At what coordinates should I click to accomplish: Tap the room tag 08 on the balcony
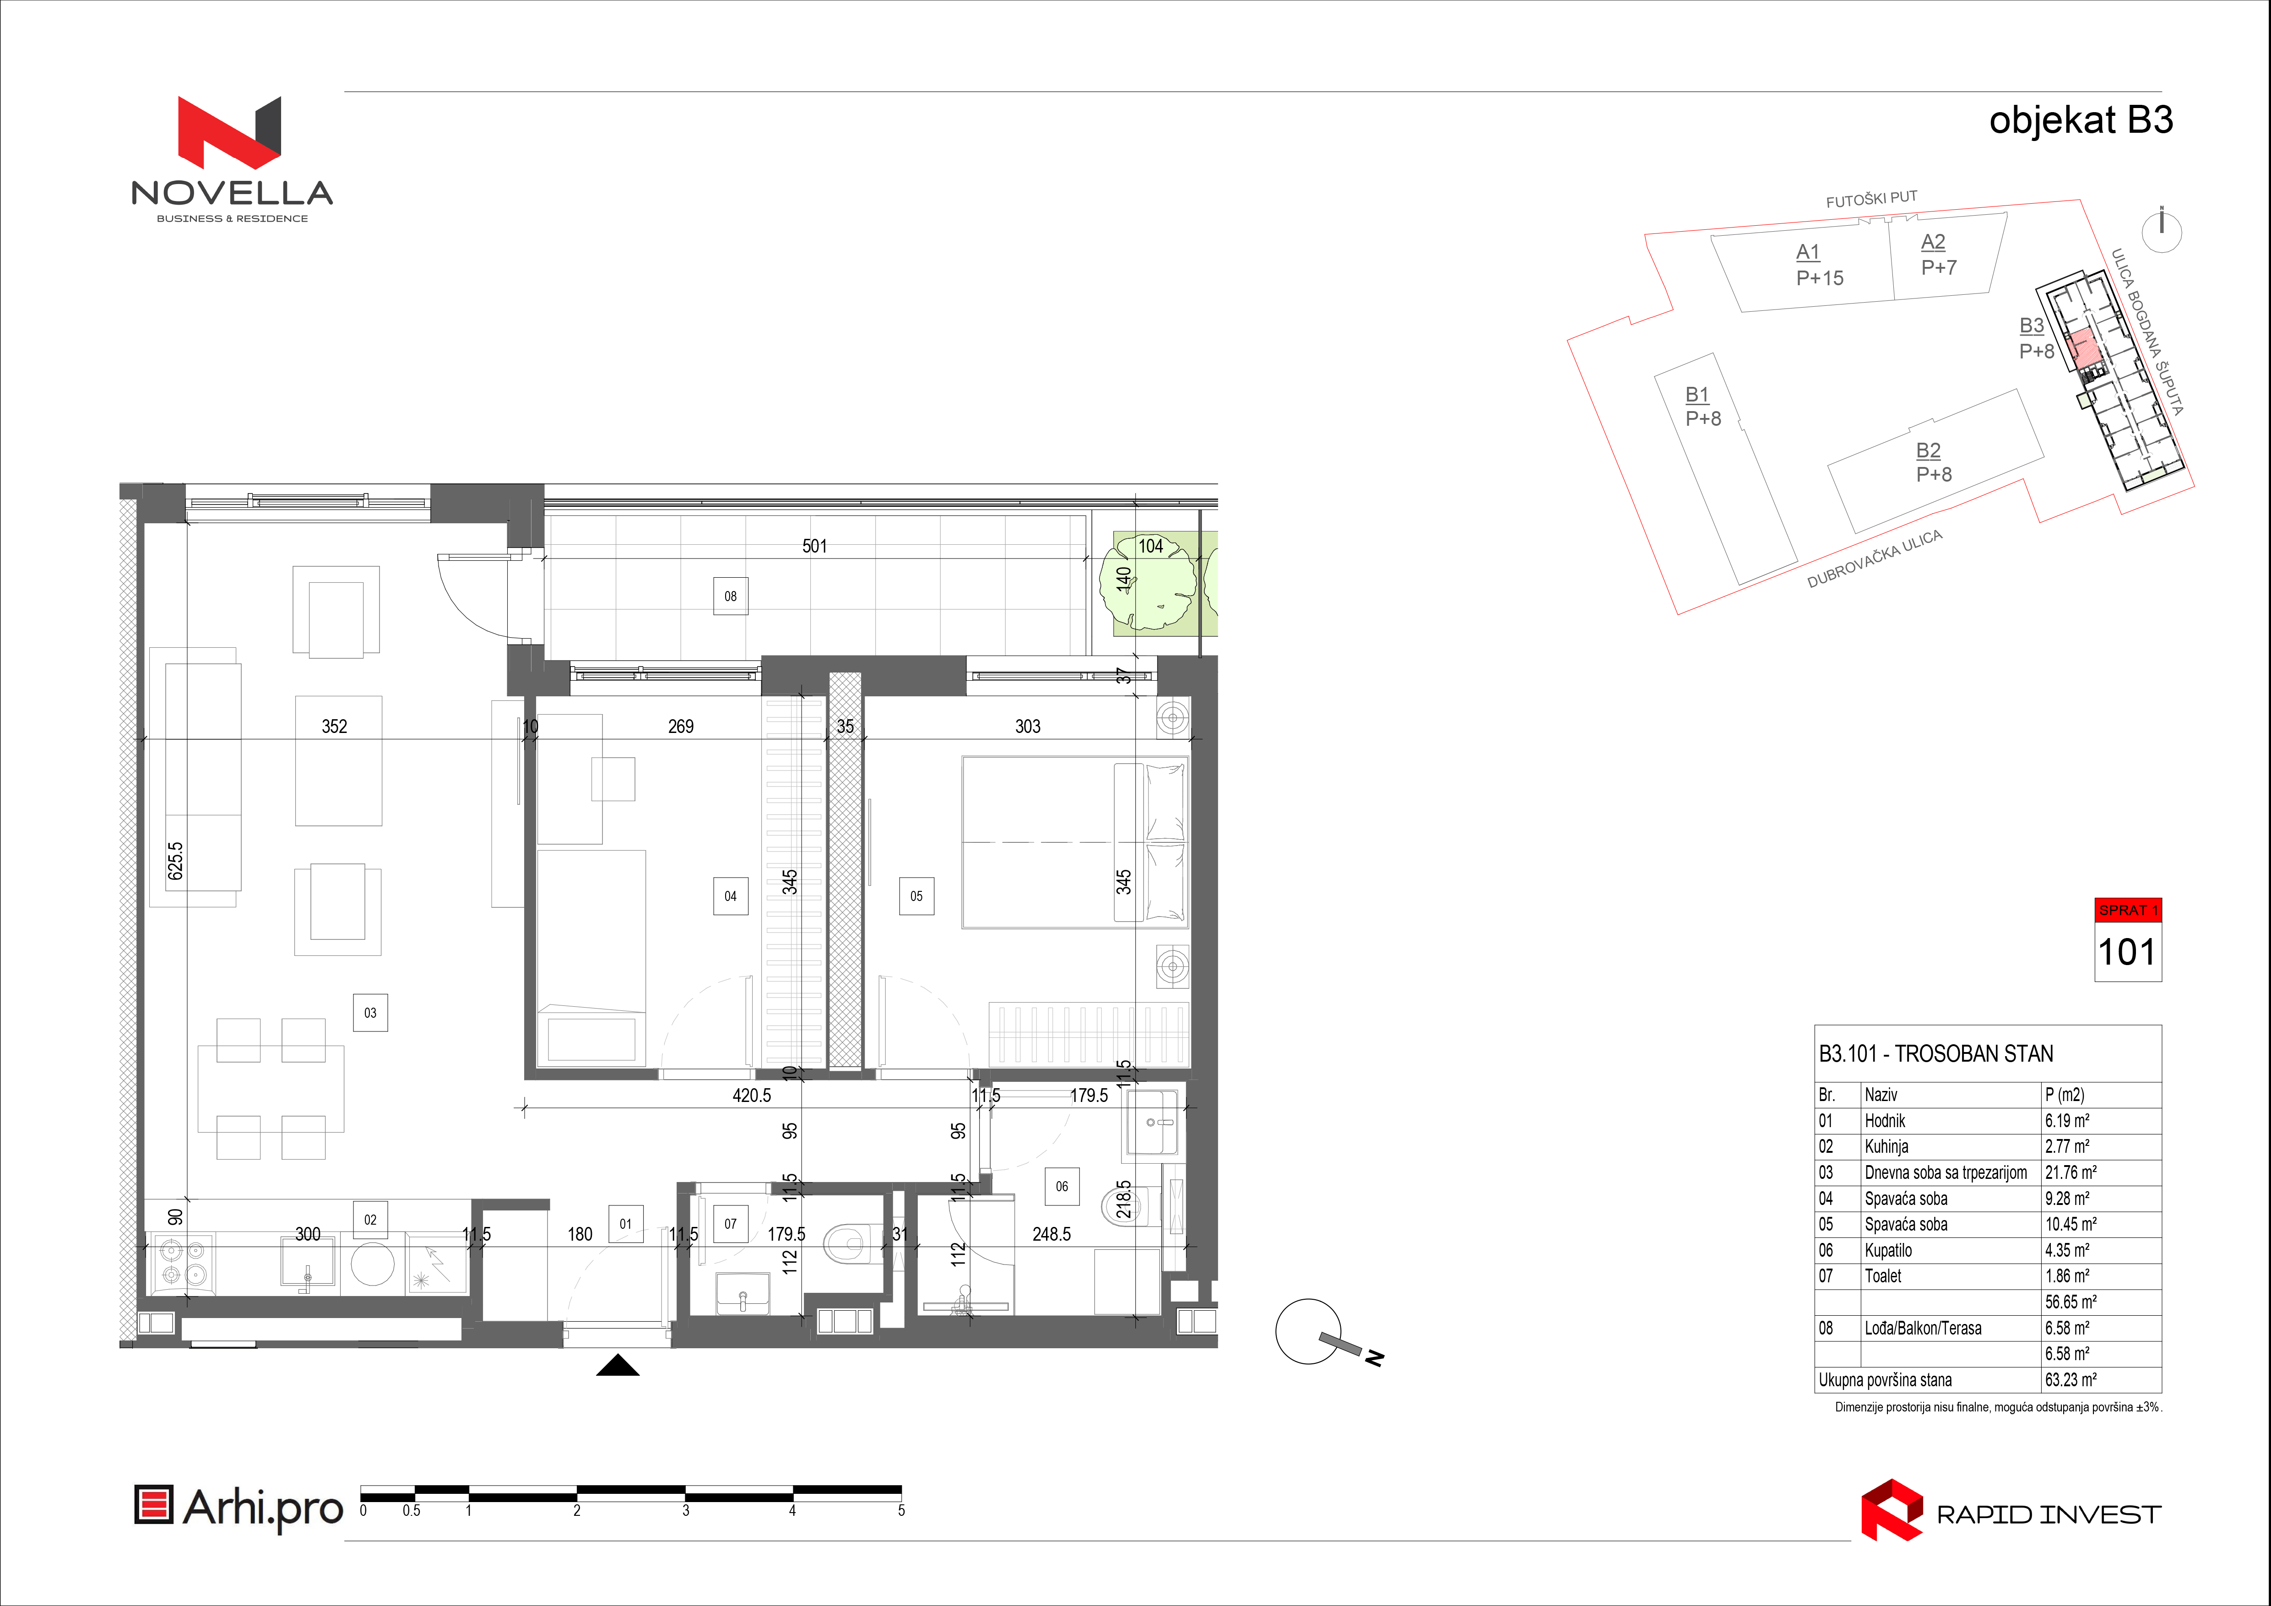pyautogui.click(x=730, y=597)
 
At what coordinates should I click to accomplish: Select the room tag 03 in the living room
pyautogui.click(x=370, y=1013)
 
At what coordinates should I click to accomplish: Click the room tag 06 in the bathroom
pyautogui.click(x=1061, y=1187)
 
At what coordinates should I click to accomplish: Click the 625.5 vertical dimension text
pyautogui.click(x=175, y=860)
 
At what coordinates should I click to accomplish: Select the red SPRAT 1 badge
pyautogui.click(x=2128, y=910)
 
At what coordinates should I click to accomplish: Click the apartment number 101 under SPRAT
pyautogui.click(x=2127, y=952)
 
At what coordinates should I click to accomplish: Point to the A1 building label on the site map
pyautogui.click(x=1808, y=252)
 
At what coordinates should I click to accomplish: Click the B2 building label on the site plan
pyautogui.click(x=1929, y=451)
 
